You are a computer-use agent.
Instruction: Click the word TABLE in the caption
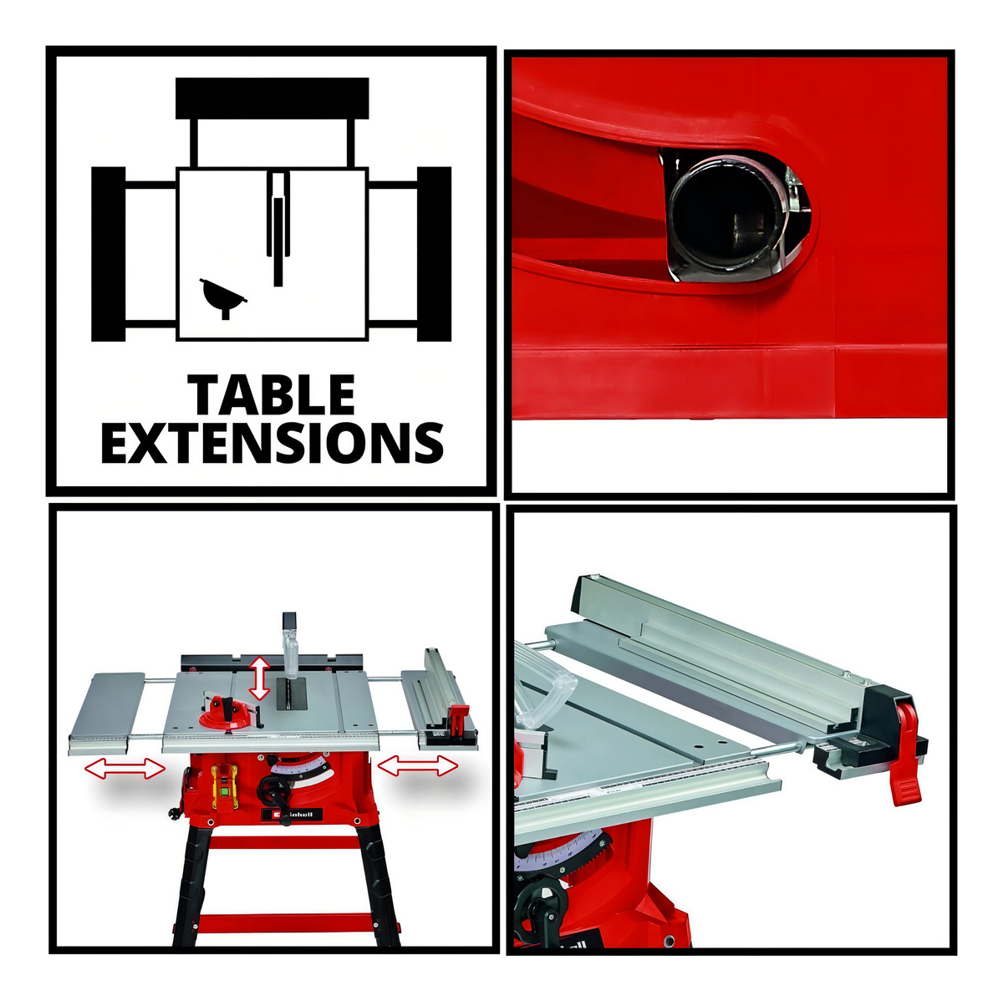[271, 395]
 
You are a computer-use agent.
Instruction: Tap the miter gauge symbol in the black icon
[223, 297]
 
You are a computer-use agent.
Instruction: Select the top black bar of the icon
[272, 99]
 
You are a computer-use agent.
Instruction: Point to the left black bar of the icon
[109, 254]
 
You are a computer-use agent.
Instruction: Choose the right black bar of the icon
[434, 254]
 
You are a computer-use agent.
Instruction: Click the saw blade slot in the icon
[278, 228]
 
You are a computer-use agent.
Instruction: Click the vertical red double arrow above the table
[258, 678]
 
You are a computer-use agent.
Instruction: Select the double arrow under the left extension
[125, 769]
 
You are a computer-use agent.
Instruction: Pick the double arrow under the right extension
[417, 765]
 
